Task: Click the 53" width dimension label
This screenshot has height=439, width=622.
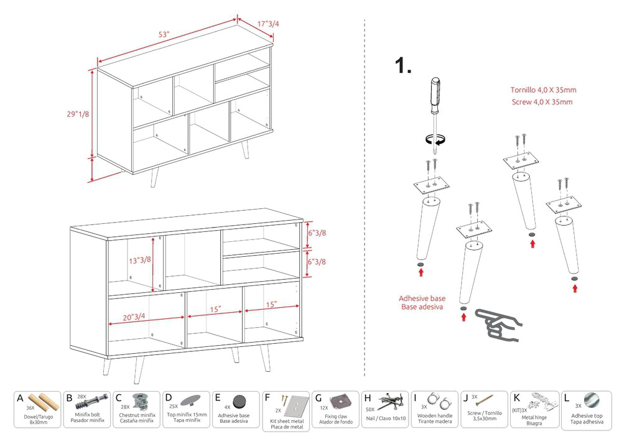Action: tap(164, 35)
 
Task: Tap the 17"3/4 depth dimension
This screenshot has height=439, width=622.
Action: tap(268, 24)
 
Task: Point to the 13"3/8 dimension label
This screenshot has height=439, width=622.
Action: tap(140, 260)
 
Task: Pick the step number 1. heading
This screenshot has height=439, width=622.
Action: tap(403, 67)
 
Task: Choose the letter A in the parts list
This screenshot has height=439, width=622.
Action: tap(20, 399)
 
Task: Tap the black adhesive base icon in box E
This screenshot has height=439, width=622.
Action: tap(239, 401)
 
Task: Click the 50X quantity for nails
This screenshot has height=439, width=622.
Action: tap(371, 409)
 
